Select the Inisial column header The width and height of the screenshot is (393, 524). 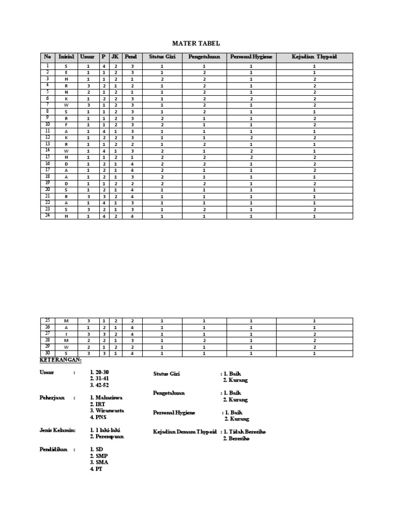pos(66,57)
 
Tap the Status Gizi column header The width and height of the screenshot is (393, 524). pos(162,57)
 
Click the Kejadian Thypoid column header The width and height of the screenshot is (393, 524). pos(314,57)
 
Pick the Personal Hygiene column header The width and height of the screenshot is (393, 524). pos(251,57)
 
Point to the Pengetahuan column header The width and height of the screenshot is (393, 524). pos(204,57)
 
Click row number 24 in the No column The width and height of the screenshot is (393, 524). pos(48,215)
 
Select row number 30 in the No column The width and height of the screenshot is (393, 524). pos(48,354)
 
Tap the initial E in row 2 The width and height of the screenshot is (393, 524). pos(66,73)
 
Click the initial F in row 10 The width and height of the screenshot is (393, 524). pos(66,124)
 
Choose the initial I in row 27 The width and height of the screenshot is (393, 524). pos(66,334)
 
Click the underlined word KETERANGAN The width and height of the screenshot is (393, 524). pos(61,360)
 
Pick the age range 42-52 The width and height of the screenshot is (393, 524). pos(100,385)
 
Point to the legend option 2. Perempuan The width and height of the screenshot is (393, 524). pos(107,436)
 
